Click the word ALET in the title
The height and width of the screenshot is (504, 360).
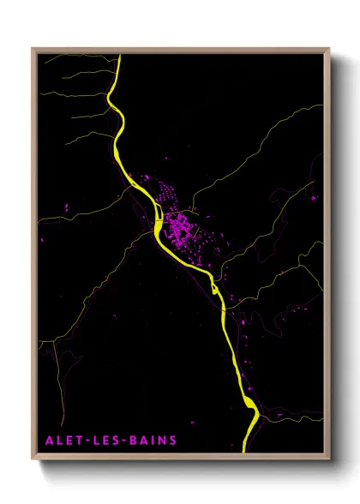pos(61,441)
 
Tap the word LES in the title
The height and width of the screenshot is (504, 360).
pos(101,441)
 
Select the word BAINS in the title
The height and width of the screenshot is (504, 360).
pos(151,441)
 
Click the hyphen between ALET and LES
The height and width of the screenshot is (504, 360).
pos(81,441)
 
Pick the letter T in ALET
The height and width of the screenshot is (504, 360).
pos(74,441)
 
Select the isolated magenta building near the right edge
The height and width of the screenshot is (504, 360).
pos(313,198)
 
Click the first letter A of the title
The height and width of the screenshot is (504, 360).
pos(47,441)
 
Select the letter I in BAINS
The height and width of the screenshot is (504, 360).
pos(152,441)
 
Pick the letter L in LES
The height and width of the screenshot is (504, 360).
pos(92,441)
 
